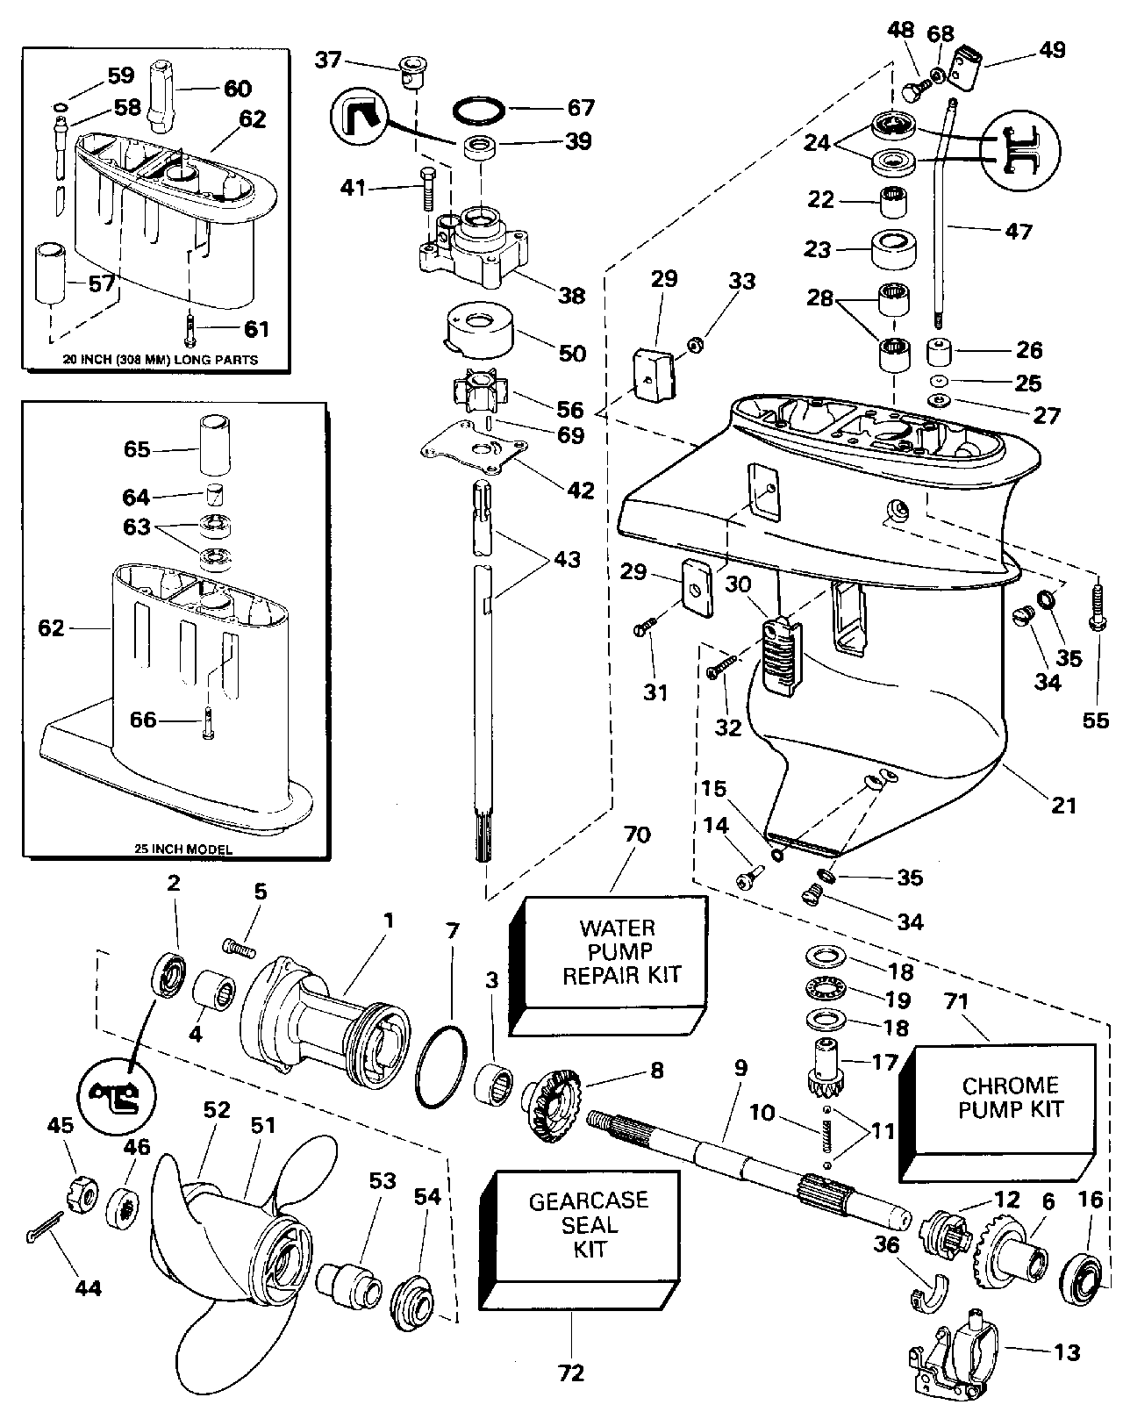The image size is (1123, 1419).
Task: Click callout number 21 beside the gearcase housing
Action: click(1063, 803)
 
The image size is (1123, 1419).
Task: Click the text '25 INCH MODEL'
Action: click(166, 850)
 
